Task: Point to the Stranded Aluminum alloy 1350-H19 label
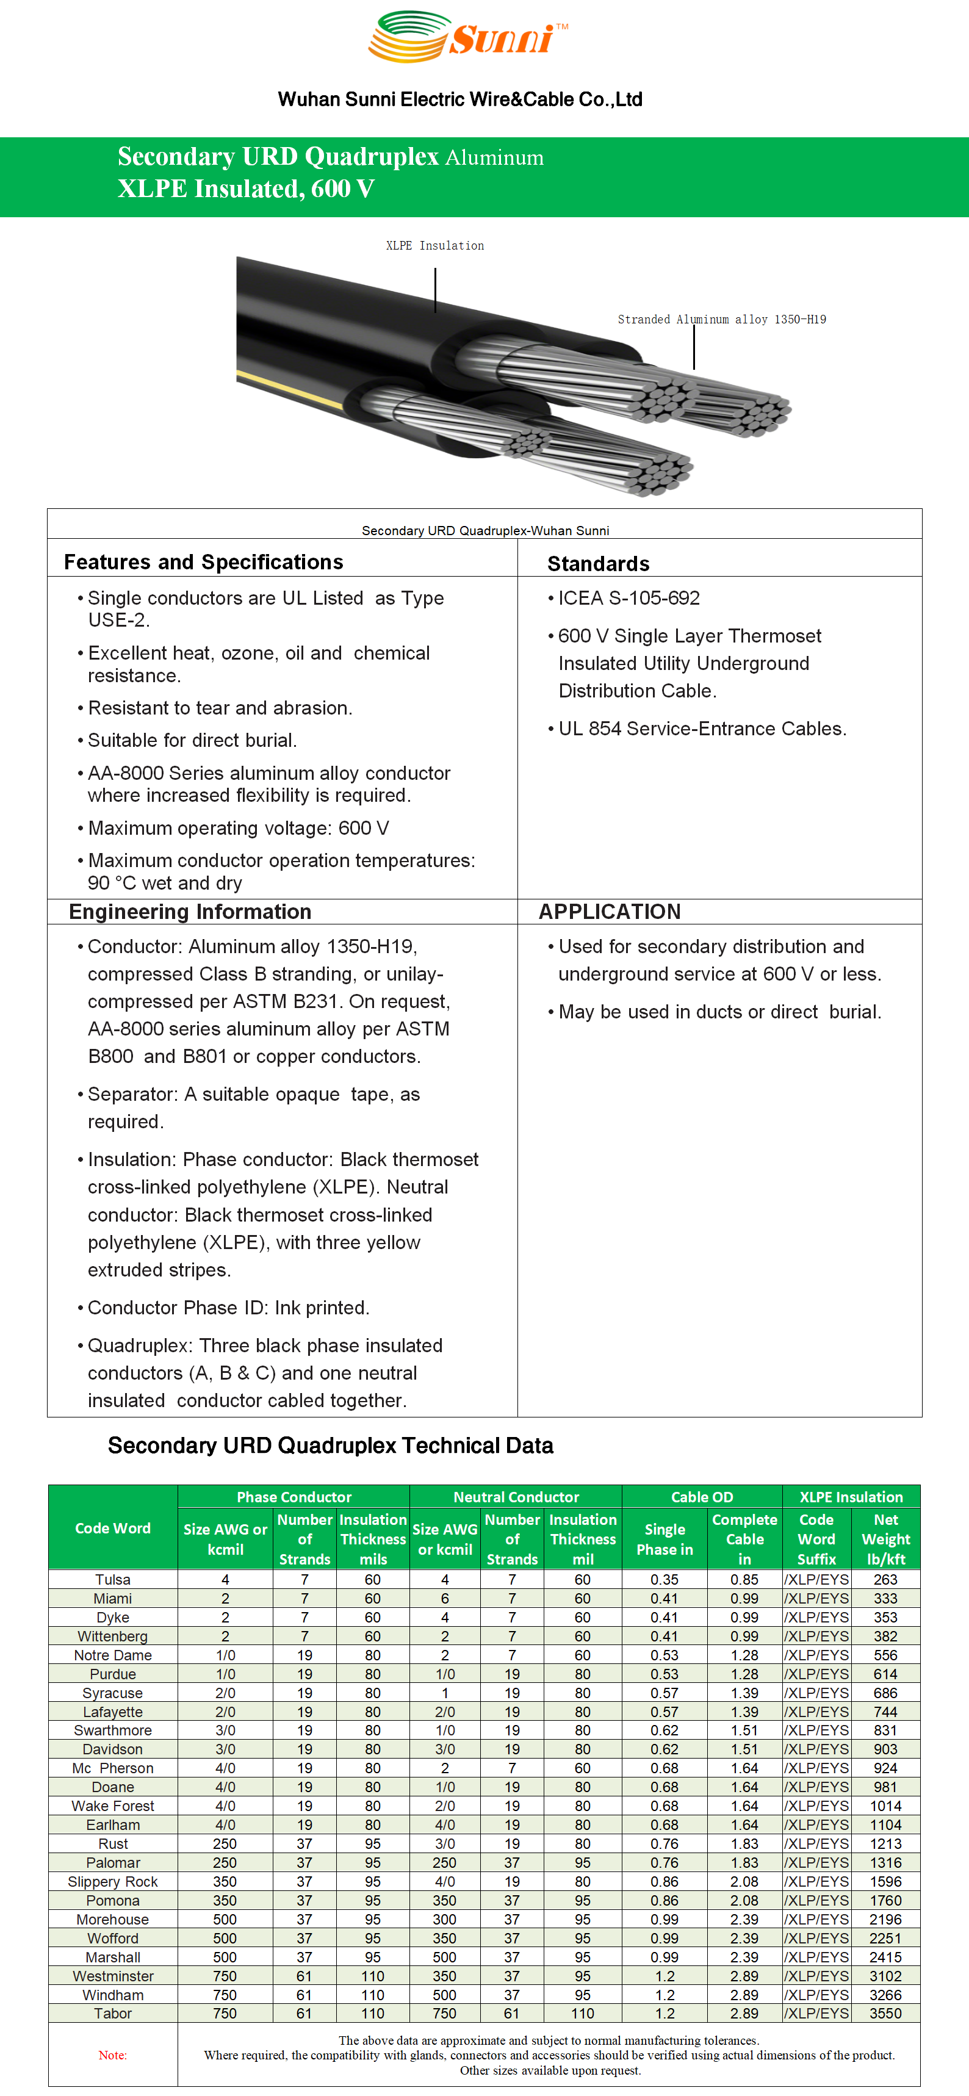click(722, 320)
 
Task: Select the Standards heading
click(598, 564)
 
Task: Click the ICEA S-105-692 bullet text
click(628, 598)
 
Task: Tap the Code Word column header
click(112, 1528)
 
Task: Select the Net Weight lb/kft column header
click(885, 1539)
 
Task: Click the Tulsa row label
click(112, 1579)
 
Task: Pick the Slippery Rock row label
click(112, 1881)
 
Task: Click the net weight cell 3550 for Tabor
click(885, 2013)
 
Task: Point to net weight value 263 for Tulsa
click(885, 1579)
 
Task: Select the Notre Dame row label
click(112, 1655)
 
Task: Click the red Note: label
click(112, 2055)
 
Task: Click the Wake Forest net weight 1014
click(885, 1806)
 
